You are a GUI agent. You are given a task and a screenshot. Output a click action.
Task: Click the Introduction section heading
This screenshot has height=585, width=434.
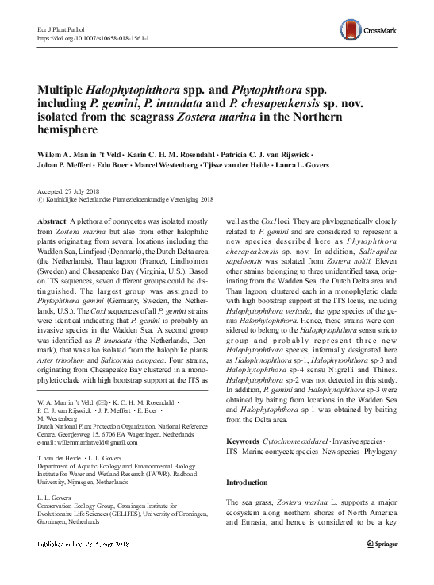click(x=248, y=483)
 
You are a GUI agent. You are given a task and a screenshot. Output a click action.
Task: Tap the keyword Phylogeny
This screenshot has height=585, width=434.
click(x=386, y=451)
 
